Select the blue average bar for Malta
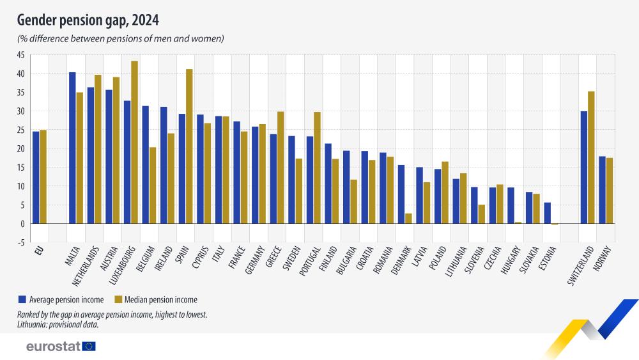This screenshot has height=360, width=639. (x=72, y=148)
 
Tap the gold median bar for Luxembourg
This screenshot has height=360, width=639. (x=134, y=142)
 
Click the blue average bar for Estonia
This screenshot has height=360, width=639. (x=547, y=213)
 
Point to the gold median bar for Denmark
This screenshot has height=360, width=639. (x=408, y=219)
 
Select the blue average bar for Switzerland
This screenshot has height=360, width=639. (x=583, y=168)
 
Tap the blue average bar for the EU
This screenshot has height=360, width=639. (x=36, y=178)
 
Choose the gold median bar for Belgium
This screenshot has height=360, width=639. (x=153, y=185)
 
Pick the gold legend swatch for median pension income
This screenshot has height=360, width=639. (x=118, y=299)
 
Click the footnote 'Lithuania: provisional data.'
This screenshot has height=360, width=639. (x=58, y=324)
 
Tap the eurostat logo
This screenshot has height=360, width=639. (x=61, y=346)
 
